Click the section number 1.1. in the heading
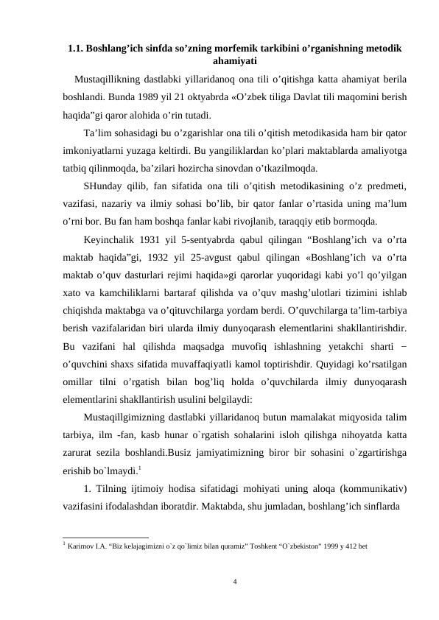(75, 49)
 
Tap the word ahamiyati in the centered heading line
(233, 62)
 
